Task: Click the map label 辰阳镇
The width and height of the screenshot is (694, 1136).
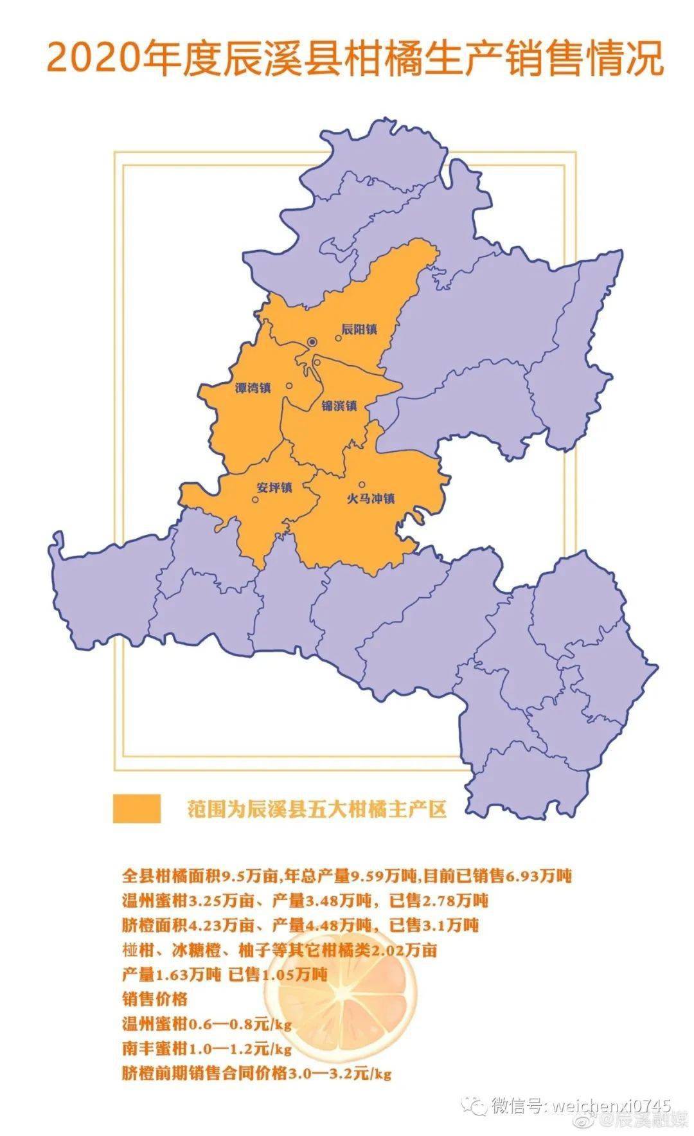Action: click(x=359, y=330)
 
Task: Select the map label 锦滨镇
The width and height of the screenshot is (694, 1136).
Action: click(x=339, y=406)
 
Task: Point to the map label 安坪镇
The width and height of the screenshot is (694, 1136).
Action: click(x=274, y=487)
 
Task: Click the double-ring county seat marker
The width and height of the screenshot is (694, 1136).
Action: click(x=312, y=341)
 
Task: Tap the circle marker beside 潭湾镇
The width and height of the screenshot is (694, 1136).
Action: click(x=289, y=386)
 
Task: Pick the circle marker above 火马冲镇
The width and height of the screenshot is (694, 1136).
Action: click(x=362, y=484)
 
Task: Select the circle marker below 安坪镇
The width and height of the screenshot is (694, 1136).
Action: click(x=256, y=500)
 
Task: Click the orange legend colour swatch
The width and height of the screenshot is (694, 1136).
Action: click(x=136, y=808)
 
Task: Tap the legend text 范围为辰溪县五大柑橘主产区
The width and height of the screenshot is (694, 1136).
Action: click(x=316, y=809)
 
